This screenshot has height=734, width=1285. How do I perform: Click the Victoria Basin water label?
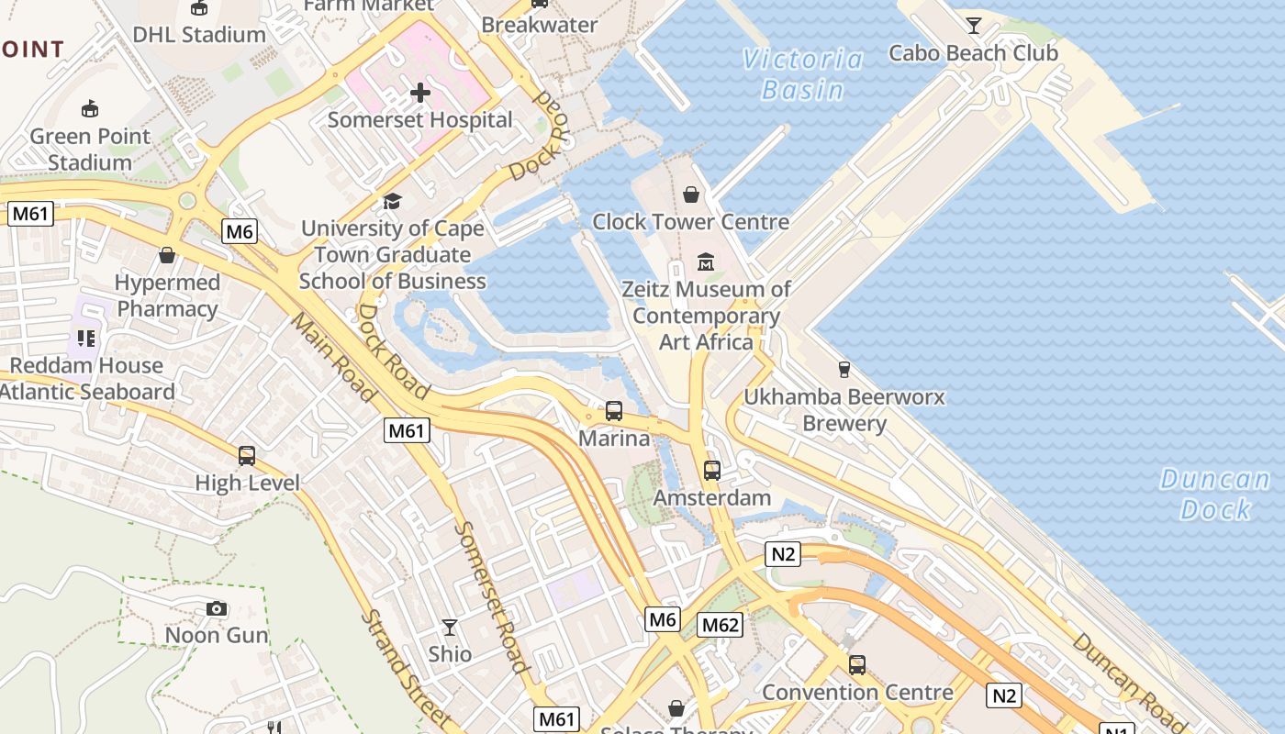[x=803, y=74]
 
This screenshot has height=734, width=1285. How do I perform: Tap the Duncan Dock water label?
[x=1215, y=494]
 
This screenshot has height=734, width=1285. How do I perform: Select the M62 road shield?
[x=720, y=625]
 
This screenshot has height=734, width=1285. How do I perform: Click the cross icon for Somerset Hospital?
[x=420, y=93]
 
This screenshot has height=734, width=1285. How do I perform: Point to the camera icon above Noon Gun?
[x=217, y=608]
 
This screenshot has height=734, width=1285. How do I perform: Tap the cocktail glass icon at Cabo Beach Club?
[x=973, y=26]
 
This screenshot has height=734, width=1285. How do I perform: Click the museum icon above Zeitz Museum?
[x=705, y=261]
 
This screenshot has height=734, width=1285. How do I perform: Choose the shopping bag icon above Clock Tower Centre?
[x=691, y=195]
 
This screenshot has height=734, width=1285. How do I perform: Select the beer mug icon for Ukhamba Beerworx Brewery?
[x=844, y=370]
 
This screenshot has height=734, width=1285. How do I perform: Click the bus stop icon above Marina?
[x=614, y=411]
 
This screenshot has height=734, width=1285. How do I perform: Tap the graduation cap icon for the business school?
[x=392, y=201]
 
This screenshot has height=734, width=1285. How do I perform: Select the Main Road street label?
[x=333, y=357]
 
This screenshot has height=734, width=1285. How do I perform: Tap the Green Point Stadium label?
[x=90, y=149]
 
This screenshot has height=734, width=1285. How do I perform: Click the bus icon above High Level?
[x=247, y=456]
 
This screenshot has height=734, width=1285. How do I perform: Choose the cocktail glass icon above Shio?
[x=449, y=628]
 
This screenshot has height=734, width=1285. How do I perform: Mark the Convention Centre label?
[x=857, y=692]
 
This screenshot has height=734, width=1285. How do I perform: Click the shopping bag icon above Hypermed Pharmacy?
[x=167, y=254]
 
